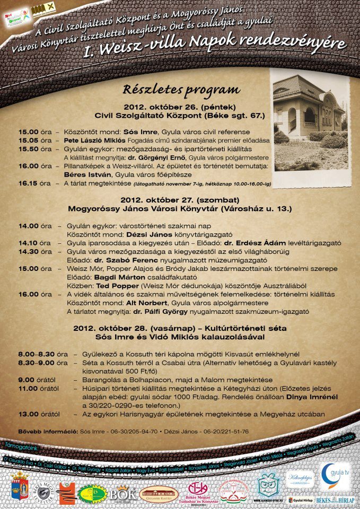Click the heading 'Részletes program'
[x=181, y=89]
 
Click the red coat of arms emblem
[x=19, y=486]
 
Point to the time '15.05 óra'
[x=35, y=141]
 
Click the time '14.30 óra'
[x=35, y=251]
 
